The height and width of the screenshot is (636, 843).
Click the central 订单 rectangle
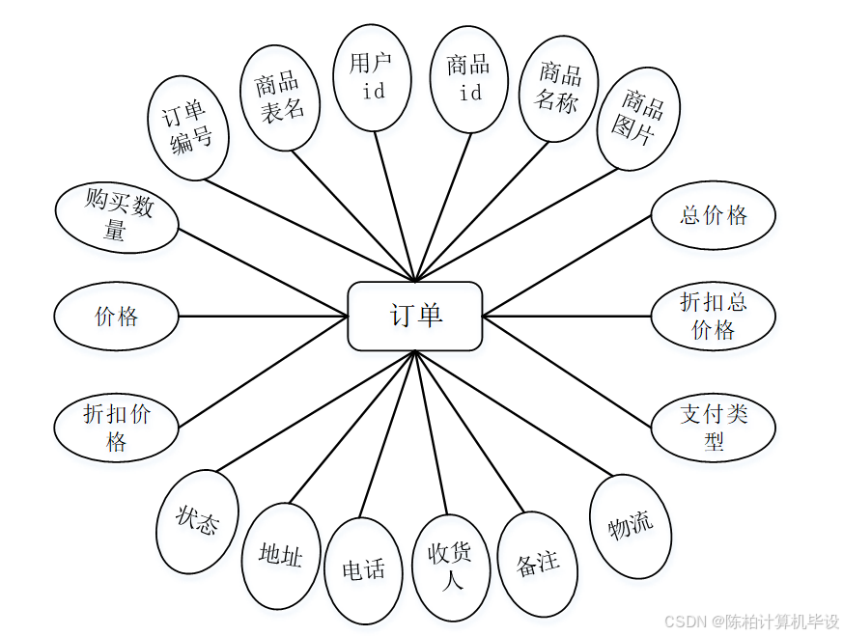coord(415,316)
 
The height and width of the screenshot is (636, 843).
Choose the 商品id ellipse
coord(469,78)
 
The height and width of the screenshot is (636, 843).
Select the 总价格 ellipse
coord(713,215)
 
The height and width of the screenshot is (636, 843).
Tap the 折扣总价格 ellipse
coord(713,316)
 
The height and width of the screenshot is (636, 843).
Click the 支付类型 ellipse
coord(713,428)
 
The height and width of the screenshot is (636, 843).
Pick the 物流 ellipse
coord(631,526)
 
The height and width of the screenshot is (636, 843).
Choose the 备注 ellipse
coord(538,564)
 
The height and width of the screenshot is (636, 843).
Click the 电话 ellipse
coord(363,569)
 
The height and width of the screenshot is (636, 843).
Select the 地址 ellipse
coord(281,555)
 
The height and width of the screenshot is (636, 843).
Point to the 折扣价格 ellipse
coord(117,428)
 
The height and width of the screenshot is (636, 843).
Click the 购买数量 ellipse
coord(117,217)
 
